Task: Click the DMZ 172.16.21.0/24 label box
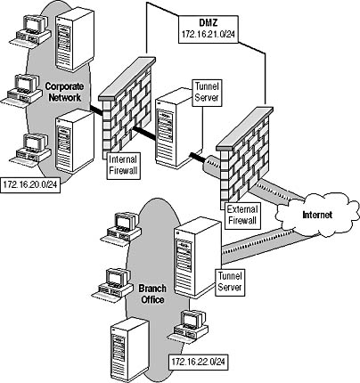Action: (209, 29)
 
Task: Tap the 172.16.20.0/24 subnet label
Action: (30, 185)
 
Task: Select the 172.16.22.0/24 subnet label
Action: (199, 362)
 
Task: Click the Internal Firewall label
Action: (123, 165)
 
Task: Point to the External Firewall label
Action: (242, 216)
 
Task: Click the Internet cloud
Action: (317, 215)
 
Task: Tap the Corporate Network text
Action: (64, 92)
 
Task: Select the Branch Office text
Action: (152, 294)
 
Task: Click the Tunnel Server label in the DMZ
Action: (207, 93)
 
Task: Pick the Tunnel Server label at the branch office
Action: (230, 282)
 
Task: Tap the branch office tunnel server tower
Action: (198, 257)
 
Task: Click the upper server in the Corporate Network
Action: (74, 39)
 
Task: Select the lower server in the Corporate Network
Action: (75, 141)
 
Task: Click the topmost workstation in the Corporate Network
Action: (30, 30)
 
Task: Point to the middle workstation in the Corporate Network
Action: (22, 89)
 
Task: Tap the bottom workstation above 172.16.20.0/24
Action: (30, 149)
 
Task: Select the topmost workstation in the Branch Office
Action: (121, 228)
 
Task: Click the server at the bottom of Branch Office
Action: (129, 349)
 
